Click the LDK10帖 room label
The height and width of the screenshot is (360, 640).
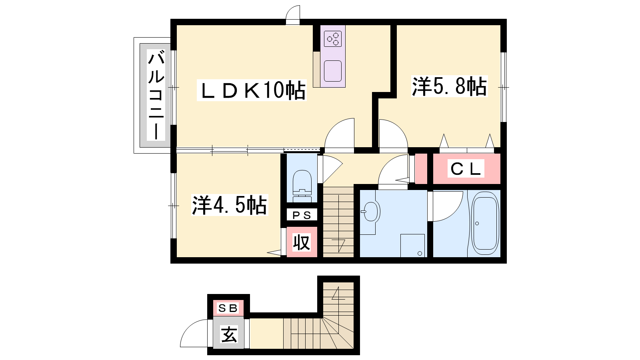(x=252, y=90)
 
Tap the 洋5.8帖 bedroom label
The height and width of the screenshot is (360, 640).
(x=449, y=86)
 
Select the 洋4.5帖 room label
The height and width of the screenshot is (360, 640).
(x=230, y=205)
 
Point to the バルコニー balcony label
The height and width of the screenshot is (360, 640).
(x=156, y=95)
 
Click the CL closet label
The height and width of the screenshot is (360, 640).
(x=466, y=168)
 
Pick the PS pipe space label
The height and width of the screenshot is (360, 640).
(x=302, y=215)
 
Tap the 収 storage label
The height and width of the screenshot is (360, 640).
(x=302, y=242)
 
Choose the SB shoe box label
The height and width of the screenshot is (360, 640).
(x=228, y=308)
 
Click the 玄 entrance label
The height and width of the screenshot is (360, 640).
(x=229, y=334)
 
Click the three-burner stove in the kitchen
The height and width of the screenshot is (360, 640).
(x=333, y=39)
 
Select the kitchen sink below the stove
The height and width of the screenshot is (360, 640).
(x=333, y=71)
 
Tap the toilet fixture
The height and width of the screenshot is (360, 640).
(x=302, y=186)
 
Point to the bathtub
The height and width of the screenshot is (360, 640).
(x=485, y=223)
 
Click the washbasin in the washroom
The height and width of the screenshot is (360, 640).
(x=370, y=212)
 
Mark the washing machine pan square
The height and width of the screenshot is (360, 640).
(x=412, y=246)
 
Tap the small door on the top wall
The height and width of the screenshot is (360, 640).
(x=292, y=15)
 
